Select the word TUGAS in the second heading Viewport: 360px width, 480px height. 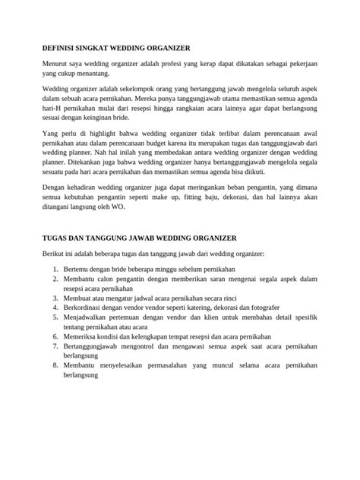tap(55, 237)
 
